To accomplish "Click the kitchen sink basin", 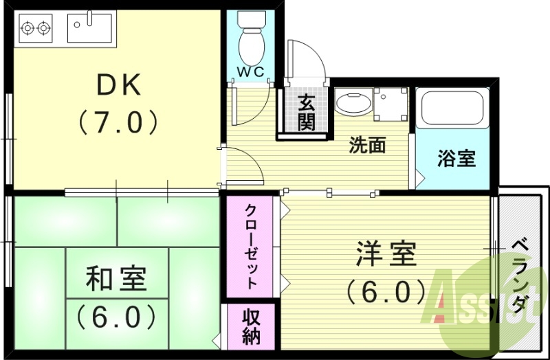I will (92, 28).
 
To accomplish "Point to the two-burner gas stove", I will (36, 28).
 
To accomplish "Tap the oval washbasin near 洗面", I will (353, 104).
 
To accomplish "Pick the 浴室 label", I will (456, 158).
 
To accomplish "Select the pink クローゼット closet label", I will (252, 245).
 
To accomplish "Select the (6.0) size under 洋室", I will (386, 293).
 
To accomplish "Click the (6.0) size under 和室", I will (116, 317).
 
